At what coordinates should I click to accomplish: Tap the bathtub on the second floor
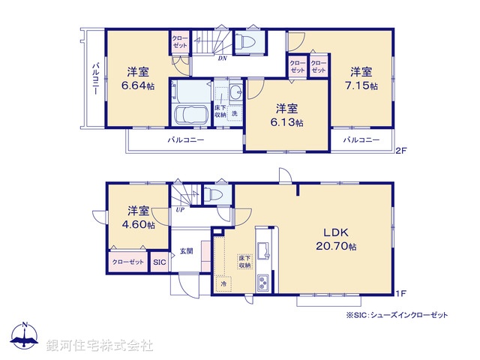point(190,115)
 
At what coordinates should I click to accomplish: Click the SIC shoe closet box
point(159,262)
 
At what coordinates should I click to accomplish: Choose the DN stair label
point(223,58)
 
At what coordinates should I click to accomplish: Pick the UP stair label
point(180,210)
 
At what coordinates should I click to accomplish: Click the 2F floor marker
point(401,151)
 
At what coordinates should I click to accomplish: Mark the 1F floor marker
point(401,292)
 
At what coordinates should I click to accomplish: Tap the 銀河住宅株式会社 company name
point(100,346)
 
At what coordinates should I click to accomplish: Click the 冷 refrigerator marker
point(223,283)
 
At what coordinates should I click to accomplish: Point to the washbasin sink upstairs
point(235,93)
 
